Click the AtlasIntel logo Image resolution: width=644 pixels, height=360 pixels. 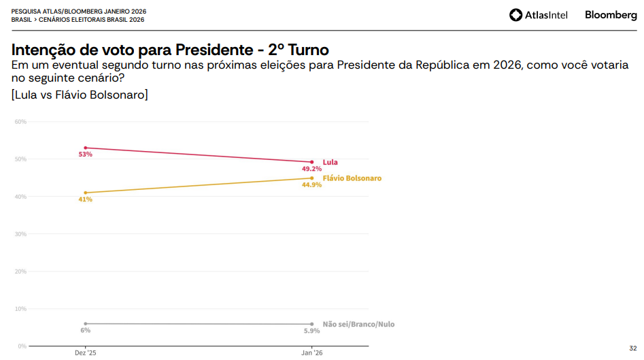[538, 15]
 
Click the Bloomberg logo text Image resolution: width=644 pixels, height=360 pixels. [611, 15]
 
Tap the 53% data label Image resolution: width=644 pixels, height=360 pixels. [85, 154]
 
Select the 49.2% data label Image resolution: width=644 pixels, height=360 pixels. [311, 169]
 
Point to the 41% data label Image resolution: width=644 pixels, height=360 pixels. [85, 199]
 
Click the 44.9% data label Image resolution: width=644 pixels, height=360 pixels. [311, 185]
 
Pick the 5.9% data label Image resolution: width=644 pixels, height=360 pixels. [311, 331]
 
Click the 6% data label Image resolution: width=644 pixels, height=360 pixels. [85, 330]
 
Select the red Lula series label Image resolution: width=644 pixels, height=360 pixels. [330, 163]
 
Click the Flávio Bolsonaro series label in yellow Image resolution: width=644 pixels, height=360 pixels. [352, 178]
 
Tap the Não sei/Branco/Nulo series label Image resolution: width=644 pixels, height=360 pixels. [358, 325]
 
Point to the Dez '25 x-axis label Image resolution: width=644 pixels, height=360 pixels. [85, 353]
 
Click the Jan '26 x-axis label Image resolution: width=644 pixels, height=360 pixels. [311, 353]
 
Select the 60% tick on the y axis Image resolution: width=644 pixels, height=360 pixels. [20, 122]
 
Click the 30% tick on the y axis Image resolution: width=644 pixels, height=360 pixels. [20, 234]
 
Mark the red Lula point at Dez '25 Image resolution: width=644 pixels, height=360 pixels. [85, 148]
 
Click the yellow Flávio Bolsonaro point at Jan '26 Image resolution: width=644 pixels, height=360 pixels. [311, 178]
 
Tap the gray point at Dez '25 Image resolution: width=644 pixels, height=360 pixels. [85, 324]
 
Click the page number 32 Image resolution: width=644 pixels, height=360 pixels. [632, 347]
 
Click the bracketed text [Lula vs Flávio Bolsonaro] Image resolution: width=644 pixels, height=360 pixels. [80, 95]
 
